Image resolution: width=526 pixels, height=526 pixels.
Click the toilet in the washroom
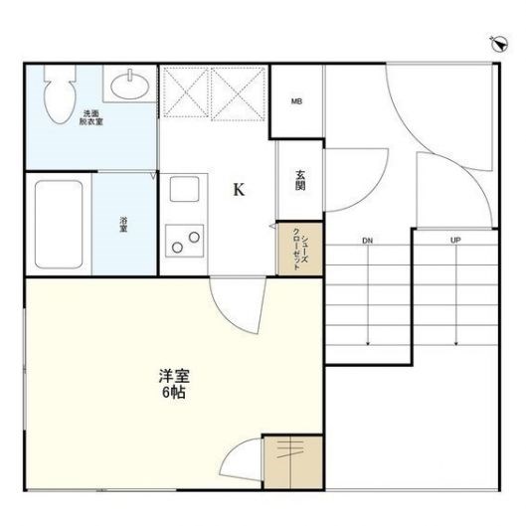coord(60,94)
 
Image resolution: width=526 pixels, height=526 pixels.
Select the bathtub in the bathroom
coord(59,225)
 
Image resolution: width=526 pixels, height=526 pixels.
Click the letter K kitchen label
coord(239,190)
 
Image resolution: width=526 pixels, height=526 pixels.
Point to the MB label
coord(296,101)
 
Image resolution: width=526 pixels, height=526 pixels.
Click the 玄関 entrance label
coord(300,181)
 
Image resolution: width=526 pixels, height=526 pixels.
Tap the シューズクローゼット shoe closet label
coord(300,249)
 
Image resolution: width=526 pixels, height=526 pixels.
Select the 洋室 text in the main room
coord(174,376)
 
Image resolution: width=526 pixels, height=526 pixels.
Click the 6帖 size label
coord(174,392)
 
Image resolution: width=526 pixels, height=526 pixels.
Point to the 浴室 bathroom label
coord(123,225)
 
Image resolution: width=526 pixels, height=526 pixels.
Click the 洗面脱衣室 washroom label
coord(91,117)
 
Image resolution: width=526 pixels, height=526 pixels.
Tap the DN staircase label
coord(367,241)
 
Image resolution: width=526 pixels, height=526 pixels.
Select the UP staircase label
coord(455,241)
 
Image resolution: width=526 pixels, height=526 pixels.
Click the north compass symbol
coord(499,44)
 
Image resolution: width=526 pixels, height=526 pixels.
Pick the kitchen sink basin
coord(184,189)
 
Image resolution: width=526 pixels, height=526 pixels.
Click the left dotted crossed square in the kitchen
coord(186,91)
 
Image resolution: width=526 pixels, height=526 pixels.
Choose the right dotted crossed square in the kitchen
coord(239,93)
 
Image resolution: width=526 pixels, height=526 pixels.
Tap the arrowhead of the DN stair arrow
coord(368,343)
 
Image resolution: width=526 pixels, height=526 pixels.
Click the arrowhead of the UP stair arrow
coord(456,343)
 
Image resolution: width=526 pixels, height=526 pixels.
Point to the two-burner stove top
coord(185,241)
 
